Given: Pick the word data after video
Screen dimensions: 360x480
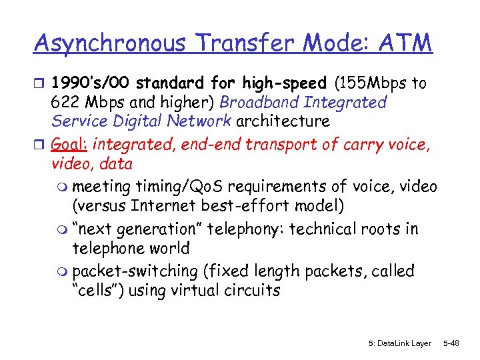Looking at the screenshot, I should pyautogui.click(x=114, y=163).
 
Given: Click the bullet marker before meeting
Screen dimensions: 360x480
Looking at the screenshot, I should pyautogui.click(x=64, y=187).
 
